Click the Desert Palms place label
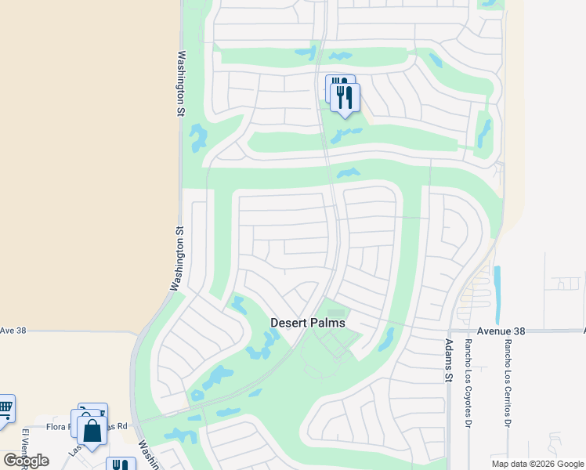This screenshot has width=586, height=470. pyautogui.click(x=308, y=322)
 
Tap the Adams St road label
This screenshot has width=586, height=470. pyautogui.click(x=449, y=355)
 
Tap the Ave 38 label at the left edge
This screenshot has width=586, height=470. pyautogui.click(x=13, y=331)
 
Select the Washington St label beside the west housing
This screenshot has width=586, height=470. pyautogui.click(x=179, y=259)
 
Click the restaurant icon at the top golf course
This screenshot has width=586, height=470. pyautogui.click(x=344, y=97)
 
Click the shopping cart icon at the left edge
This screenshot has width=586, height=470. pyautogui.click(x=5, y=408)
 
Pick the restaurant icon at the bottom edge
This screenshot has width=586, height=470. pyautogui.click(x=121, y=465)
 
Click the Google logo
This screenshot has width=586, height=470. pyautogui.click(x=26, y=461)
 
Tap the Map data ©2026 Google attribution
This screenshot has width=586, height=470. pyautogui.click(x=537, y=464)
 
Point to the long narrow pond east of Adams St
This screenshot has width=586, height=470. pyautogui.click(x=497, y=287)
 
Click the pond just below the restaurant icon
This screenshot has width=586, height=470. pyautogui.click(x=345, y=135)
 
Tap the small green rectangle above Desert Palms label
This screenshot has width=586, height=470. pyautogui.click(x=335, y=313)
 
